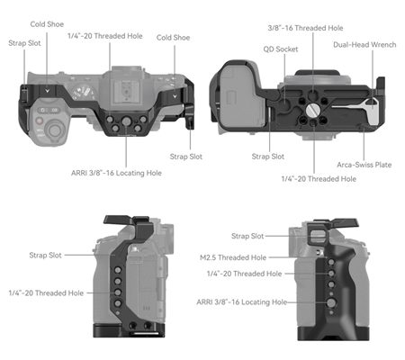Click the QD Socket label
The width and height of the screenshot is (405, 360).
tap(281, 49)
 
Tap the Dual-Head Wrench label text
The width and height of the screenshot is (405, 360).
tap(364, 45)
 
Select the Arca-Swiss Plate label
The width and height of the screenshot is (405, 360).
tap(364, 165)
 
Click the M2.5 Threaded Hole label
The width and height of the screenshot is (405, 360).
tap(233, 257)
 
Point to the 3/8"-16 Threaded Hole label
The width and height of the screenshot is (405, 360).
tap(305, 28)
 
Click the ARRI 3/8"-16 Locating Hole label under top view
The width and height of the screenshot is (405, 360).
tap(116, 173)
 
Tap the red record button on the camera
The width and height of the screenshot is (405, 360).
tap(40, 121)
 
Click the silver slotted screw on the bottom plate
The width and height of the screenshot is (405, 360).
tap(311, 110)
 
